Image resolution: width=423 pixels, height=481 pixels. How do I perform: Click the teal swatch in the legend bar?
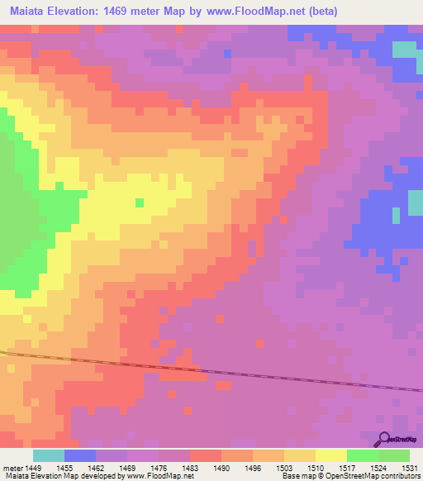click(48, 455)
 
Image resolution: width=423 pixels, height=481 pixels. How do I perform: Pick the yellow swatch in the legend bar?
click(330, 455)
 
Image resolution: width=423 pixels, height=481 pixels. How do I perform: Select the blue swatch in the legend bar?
click(79, 455)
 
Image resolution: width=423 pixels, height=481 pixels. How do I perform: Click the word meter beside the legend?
click(12, 468)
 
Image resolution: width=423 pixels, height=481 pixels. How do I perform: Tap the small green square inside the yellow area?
click(139, 202)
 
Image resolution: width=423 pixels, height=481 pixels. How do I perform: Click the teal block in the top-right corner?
click(404, 49)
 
